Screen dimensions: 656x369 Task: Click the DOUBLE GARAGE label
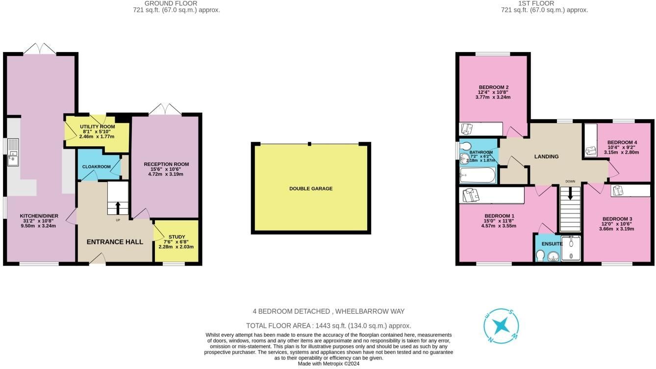[x=311, y=189]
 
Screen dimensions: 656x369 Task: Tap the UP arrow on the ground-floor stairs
[x=118, y=208]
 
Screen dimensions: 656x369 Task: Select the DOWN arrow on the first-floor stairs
[x=570, y=193]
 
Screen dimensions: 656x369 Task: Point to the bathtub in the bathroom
[x=478, y=175]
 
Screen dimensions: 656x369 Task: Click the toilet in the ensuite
[x=540, y=255]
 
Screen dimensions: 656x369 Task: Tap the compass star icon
[x=501, y=326]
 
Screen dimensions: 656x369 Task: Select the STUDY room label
[x=177, y=237]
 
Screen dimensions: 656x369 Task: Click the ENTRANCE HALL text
[x=115, y=242]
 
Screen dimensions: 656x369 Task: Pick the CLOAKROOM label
[x=97, y=167]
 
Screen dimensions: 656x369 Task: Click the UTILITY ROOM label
[x=98, y=127]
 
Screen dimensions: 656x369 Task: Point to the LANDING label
[x=546, y=157]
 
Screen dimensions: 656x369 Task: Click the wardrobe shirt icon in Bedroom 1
[x=471, y=195]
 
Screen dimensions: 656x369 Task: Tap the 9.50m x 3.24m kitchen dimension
[x=38, y=226]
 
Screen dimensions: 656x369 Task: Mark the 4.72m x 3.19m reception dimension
[x=166, y=174]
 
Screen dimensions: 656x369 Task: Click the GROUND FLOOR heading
[x=171, y=3]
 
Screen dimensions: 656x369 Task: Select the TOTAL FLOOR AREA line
[x=328, y=326]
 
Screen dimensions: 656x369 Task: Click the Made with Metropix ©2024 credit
[x=328, y=364]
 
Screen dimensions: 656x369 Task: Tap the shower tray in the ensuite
[x=571, y=248]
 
